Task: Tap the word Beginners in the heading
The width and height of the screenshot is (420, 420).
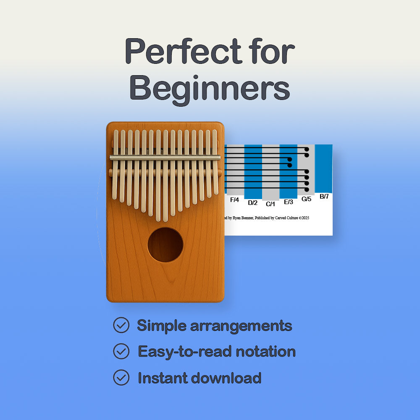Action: point(210,88)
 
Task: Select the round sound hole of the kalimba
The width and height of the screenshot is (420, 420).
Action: point(165,245)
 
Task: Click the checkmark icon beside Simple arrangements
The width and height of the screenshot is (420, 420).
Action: point(121,325)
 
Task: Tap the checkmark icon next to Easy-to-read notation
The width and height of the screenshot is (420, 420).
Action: point(121,351)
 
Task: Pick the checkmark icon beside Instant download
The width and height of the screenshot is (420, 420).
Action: point(121,378)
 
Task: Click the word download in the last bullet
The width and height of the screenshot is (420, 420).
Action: point(226,378)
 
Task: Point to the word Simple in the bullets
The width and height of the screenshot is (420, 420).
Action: point(161,325)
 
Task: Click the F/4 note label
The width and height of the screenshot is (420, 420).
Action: point(234,200)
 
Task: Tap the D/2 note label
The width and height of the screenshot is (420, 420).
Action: point(252,203)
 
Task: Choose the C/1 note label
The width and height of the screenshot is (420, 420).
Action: point(270,204)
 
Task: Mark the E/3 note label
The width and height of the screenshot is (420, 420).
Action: point(289,202)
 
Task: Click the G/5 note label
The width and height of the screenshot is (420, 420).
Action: point(306,199)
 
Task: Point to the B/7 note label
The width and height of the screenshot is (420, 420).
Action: point(324,196)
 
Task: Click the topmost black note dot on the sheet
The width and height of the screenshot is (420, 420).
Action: point(307,149)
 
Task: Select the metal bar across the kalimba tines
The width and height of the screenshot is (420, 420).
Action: point(165,157)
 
